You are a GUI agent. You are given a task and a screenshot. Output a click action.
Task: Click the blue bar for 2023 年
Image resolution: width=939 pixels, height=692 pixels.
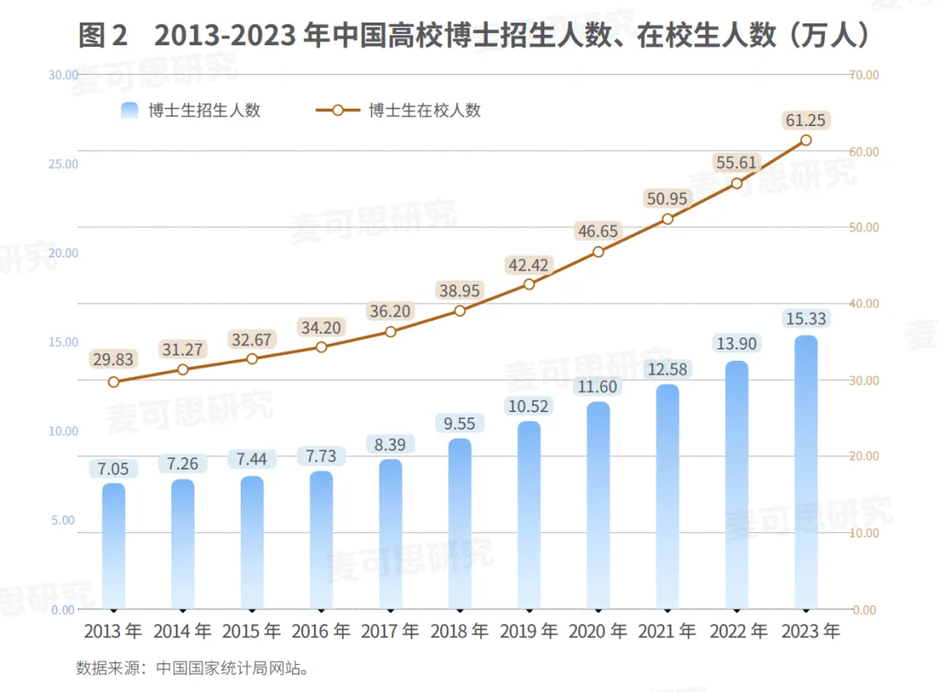[x=805, y=472]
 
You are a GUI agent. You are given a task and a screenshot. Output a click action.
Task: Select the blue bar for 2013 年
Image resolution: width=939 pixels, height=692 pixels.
[x=114, y=546]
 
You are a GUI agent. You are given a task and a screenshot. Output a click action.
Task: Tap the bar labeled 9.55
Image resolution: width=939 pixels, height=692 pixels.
[x=459, y=524]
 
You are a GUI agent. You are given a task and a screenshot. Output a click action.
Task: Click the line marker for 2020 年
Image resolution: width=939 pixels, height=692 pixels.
[x=597, y=252]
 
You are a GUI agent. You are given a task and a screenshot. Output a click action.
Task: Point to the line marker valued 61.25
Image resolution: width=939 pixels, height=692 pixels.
[x=805, y=140]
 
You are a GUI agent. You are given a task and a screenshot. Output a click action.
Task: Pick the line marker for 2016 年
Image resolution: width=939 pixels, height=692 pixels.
[x=321, y=347]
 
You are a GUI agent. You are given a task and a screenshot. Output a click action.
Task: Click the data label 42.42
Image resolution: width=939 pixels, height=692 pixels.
[x=529, y=265]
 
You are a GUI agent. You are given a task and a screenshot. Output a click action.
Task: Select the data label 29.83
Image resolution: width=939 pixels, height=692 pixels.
[x=113, y=359]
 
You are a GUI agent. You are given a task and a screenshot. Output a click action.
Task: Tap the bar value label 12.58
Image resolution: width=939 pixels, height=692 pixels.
[x=667, y=369]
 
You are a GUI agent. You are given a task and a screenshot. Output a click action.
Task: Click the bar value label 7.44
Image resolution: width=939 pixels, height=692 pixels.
[x=251, y=459]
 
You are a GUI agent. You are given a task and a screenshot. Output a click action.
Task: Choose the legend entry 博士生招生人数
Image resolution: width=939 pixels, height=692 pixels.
[x=190, y=110]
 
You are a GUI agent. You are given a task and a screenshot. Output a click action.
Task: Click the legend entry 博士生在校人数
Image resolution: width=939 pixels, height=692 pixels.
[x=398, y=110]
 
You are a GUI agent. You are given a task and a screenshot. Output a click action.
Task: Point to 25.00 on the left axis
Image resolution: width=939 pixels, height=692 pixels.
[x=63, y=164]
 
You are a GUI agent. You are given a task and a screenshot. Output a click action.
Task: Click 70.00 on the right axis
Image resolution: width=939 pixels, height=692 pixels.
[x=864, y=75]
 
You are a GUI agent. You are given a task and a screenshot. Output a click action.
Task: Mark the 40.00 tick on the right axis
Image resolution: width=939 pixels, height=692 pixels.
[x=864, y=303]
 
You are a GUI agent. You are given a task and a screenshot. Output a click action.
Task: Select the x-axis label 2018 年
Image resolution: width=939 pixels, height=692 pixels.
[x=459, y=631]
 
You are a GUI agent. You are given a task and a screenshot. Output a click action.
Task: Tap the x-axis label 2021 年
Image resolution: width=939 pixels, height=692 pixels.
[x=667, y=631]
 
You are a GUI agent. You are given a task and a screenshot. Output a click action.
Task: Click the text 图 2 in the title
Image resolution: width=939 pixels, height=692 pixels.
[x=103, y=35]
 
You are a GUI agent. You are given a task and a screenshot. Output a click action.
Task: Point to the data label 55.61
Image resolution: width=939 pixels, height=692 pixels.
[x=736, y=163]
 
